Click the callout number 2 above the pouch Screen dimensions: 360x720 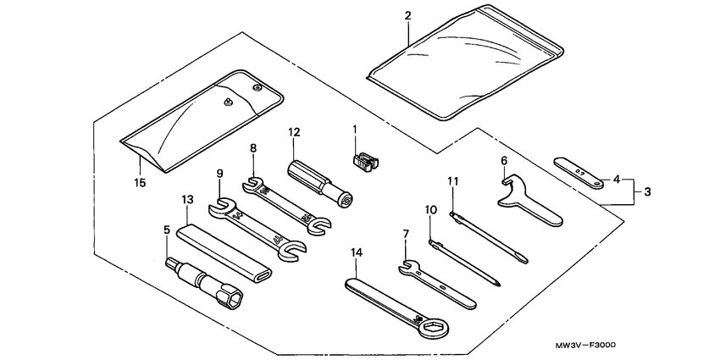(x=408, y=16)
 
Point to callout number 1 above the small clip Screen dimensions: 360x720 (x=355, y=129)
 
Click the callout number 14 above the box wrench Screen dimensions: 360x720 (x=357, y=252)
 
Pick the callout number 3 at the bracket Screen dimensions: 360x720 (x=647, y=191)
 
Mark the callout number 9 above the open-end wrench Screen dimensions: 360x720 (x=219, y=174)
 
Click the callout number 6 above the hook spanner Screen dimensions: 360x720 (x=503, y=160)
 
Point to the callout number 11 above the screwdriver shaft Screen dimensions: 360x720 (x=453, y=181)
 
